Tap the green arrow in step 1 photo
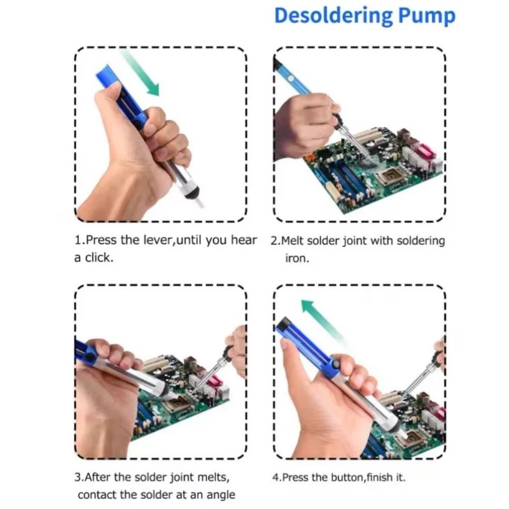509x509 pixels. (140, 73)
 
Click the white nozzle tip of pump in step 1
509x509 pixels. (199, 203)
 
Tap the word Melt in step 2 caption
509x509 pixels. (292, 241)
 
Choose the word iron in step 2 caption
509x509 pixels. (297, 258)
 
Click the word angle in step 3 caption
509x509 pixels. (221, 496)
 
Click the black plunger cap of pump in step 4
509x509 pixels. (284, 323)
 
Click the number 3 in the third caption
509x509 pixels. (78, 478)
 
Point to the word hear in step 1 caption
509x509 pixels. (244, 241)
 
